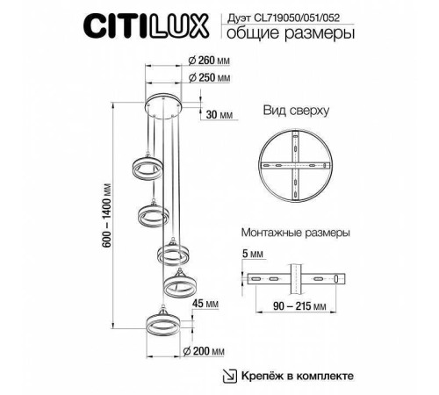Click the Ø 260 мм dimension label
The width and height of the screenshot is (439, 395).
click(x=209, y=61)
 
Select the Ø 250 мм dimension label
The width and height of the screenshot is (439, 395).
click(x=209, y=79)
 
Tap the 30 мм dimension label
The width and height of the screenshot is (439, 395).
click(x=219, y=115)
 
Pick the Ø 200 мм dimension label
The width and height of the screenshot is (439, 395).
click(x=209, y=353)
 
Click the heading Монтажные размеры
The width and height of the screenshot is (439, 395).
click(x=295, y=233)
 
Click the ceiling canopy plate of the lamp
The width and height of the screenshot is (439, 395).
click(x=164, y=105)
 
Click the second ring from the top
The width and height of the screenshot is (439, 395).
click(x=153, y=214)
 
